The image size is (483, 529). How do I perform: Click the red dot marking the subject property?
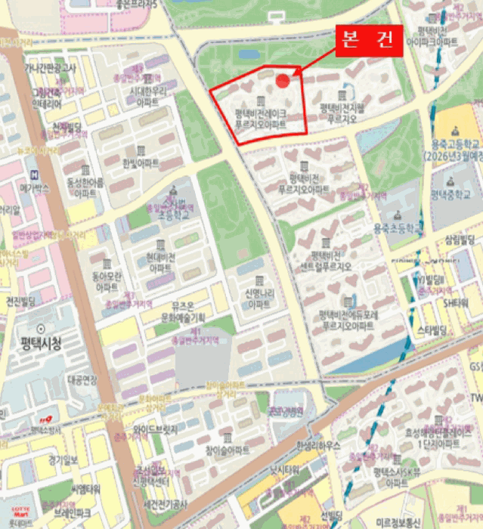283,81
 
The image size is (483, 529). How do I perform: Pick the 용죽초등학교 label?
395,227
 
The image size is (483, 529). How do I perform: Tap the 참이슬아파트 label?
227,450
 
